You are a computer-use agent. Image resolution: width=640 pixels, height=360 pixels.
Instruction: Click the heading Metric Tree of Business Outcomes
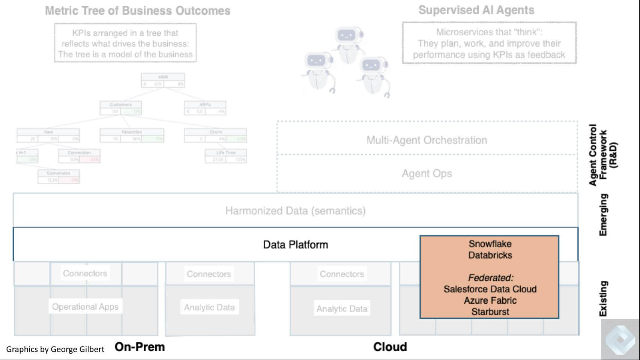138,11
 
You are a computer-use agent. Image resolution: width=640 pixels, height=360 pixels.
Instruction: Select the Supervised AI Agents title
476,10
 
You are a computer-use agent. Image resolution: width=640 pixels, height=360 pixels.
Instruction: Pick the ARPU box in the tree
205,108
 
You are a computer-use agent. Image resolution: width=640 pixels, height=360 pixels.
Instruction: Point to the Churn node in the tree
215,135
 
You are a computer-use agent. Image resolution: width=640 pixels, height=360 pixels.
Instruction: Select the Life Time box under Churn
225,156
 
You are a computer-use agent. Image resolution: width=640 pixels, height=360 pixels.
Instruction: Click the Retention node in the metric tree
132,135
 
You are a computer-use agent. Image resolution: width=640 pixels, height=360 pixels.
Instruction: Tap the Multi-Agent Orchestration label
427,140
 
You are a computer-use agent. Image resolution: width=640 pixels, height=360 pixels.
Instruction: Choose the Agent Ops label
427,173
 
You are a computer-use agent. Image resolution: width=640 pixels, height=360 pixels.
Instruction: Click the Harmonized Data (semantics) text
295,211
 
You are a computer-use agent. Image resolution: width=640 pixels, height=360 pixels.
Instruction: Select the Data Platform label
295,245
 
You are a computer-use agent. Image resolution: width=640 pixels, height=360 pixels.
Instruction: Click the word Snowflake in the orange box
490,244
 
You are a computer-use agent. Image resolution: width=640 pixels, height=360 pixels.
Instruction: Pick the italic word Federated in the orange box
490,278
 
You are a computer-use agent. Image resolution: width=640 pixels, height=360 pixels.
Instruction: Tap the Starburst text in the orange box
490,312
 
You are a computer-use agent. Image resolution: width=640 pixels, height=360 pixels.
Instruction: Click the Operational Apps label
85,307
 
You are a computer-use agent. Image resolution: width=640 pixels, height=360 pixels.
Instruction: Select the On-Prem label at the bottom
140,346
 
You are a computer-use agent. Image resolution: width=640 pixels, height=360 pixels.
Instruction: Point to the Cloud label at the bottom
390,346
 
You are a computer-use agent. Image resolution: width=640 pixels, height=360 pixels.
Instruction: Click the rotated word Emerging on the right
603,215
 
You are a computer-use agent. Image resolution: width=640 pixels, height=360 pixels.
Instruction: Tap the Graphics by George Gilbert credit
55,349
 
